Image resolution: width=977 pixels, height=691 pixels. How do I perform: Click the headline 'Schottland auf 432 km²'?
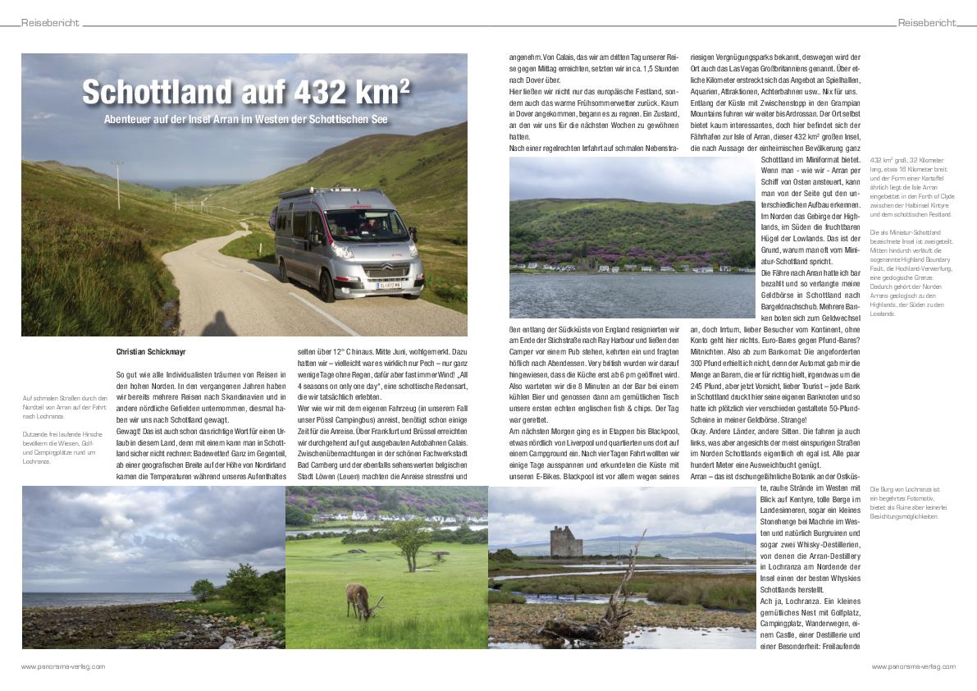click(x=245, y=93)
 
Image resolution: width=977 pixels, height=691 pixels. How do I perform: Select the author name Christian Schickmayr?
click(x=151, y=352)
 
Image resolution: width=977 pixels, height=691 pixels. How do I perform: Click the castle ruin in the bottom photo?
click(x=565, y=542)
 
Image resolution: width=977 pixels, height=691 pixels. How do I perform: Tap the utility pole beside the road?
click(x=118, y=185)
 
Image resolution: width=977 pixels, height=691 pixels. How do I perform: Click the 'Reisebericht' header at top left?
click(x=50, y=23)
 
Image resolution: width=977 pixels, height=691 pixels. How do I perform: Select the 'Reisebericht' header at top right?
click(x=926, y=23)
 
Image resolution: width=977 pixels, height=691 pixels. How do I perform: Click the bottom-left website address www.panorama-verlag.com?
click(x=63, y=666)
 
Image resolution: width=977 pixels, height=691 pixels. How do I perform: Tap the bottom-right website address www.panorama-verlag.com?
click(x=913, y=666)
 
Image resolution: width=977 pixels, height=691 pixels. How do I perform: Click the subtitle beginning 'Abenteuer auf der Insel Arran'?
click(x=245, y=120)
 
